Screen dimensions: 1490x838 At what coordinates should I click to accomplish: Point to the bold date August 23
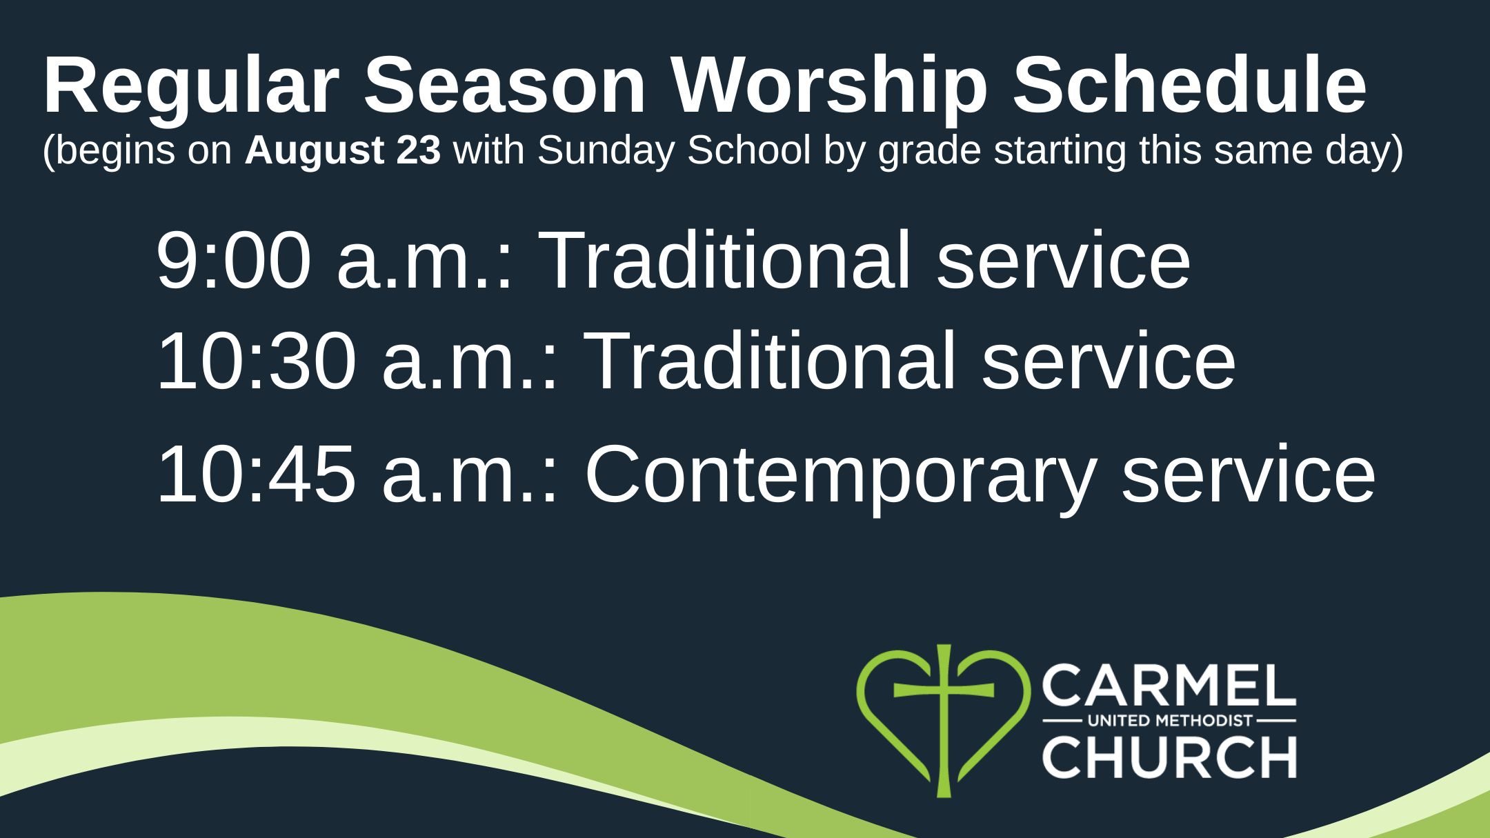pyautogui.click(x=343, y=151)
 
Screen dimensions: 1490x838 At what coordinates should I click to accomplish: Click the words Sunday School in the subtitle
pyautogui.click(x=674, y=151)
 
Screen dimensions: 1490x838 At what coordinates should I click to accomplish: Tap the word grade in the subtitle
pyautogui.click(x=929, y=152)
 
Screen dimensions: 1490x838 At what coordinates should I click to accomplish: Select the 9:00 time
pyautogui.click(x=234, y=261)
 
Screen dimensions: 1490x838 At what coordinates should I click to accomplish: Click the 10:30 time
pyautogui.click(x=257, y=361)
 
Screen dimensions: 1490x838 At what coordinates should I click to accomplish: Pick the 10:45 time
pyautogui.click(x=257, y=475)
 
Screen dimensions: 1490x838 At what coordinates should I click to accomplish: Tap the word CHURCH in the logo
pyautogui.click(x=1169, y=757)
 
